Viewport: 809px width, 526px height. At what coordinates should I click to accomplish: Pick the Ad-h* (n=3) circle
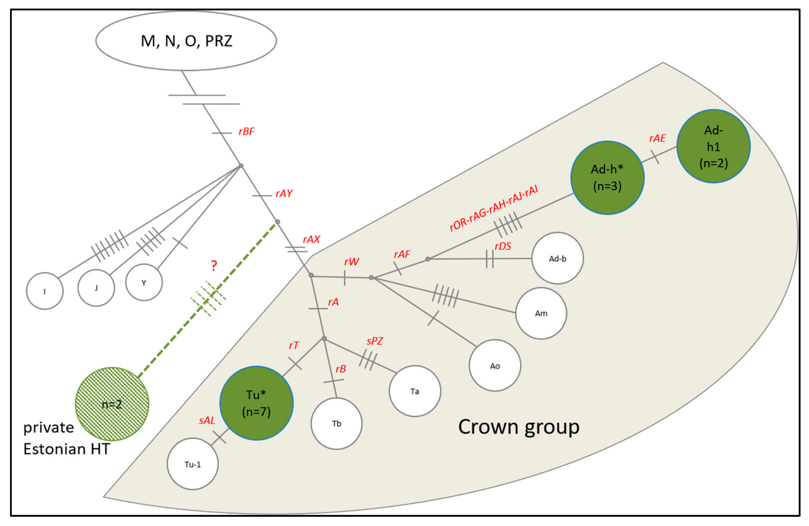(607, 178)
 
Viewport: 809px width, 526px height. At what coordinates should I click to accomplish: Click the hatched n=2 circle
(112, 404)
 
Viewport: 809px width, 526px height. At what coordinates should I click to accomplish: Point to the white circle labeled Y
(144, 282)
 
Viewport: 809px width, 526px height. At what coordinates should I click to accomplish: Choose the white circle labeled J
(96, 288)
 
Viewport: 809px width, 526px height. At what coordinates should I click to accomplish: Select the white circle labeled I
(45, 291)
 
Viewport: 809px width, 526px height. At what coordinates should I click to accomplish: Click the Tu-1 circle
(192, 464)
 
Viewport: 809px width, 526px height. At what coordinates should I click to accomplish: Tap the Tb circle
(336, 423)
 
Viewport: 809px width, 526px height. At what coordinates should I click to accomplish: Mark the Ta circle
(415, 391)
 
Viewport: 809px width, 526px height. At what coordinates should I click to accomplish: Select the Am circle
(541, 313)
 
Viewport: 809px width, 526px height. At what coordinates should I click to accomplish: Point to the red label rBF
(246, 131)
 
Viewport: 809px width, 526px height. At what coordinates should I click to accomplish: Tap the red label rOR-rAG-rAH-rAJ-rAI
(494, 208)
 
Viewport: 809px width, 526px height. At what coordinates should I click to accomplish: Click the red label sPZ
(375, 341)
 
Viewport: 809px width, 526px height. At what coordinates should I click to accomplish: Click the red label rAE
(657, 138)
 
